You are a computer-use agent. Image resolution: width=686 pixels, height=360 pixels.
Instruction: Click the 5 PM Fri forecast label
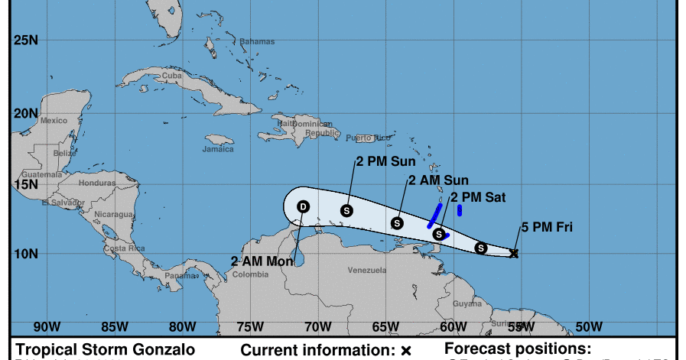pos(547,226)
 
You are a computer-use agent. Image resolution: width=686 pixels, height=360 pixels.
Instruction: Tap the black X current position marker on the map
pos(514,253)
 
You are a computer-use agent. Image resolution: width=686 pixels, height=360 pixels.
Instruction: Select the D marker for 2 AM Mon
pos(303,206)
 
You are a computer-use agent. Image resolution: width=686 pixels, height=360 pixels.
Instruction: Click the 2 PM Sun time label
pos(385,161)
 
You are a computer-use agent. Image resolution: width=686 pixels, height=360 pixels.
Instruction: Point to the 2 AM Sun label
pos(437,180)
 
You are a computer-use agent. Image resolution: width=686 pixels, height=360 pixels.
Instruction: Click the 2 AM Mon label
pos(262,261)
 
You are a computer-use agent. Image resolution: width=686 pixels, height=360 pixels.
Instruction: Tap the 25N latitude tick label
pos(26,41)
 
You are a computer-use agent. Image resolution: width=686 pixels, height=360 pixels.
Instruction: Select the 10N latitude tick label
pos(26,253)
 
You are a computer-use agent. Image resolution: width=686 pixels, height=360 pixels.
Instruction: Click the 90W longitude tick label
pos(47,326)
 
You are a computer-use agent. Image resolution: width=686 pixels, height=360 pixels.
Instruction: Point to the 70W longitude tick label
pos(317,326)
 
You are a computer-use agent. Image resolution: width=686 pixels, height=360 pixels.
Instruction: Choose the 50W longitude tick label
pos(588,326)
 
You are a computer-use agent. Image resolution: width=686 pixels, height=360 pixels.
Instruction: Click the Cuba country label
pos(172,76)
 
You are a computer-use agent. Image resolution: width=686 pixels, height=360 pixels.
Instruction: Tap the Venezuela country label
pos(367,271)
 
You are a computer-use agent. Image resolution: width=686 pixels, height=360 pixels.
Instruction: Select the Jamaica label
pos(218,149)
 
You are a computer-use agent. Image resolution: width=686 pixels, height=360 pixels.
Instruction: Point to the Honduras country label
pos(96,183)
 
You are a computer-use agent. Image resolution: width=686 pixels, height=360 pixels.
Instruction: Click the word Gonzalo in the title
pos(164,349)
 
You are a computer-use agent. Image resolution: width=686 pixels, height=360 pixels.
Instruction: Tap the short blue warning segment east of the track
pos(460,210)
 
